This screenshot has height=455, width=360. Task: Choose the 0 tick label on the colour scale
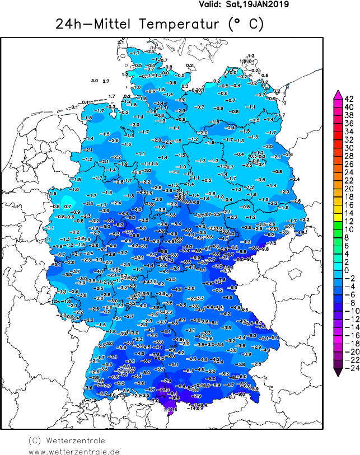348,270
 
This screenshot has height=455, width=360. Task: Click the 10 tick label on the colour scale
348,229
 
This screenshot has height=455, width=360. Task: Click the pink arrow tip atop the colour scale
338,93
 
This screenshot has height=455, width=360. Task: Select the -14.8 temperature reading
194,409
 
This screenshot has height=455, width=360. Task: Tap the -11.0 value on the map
163,390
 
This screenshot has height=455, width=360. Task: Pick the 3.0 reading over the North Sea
95,81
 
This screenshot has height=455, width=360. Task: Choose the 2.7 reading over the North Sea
106,82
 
